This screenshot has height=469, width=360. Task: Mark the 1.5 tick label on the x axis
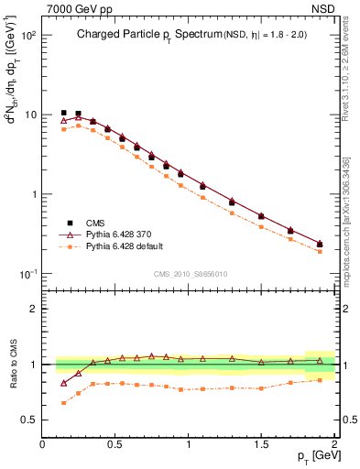pos(261,444)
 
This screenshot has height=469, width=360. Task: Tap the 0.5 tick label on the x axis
pos(115,444)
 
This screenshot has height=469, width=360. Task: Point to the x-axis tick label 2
pos(334,444)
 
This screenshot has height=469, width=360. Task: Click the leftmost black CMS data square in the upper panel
pos(63,113)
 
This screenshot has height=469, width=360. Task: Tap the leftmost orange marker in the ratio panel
pos(63,403)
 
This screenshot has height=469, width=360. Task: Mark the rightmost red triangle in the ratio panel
pos(320,361)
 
